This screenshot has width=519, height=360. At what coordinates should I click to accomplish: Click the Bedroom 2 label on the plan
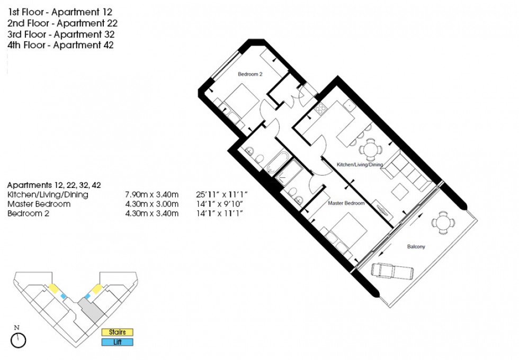pyautogui.click(x=250, y=75)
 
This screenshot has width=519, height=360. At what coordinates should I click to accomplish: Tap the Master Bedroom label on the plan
pyautogui.click(x=346, y=203)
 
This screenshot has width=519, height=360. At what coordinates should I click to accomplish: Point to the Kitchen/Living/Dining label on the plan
pyautogui.click(x=360, y=165)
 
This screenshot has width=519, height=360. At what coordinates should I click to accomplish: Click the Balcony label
pyautogui.click(x=416, y=247)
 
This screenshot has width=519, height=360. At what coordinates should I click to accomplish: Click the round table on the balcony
pyautogui.click(x=441, y=222)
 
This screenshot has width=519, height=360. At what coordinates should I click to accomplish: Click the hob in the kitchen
pyautogui.click(x=321, y=109)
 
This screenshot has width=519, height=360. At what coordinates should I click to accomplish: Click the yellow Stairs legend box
pyautogui.click(x=117, y=332)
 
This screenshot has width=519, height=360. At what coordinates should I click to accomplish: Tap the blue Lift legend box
pyautogui.click(x=117, y=343)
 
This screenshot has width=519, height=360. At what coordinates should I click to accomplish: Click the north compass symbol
pyautogui.click(x=18, y=340)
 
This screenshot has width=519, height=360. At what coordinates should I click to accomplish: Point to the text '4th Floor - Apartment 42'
pyautogui.click(x=60, y=46)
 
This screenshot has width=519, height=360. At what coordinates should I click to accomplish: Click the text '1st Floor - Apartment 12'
pyautogui.click(x=60, y=11)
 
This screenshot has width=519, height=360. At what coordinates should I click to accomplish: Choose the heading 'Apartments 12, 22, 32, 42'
pyautogui.click(x=54, y=185)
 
